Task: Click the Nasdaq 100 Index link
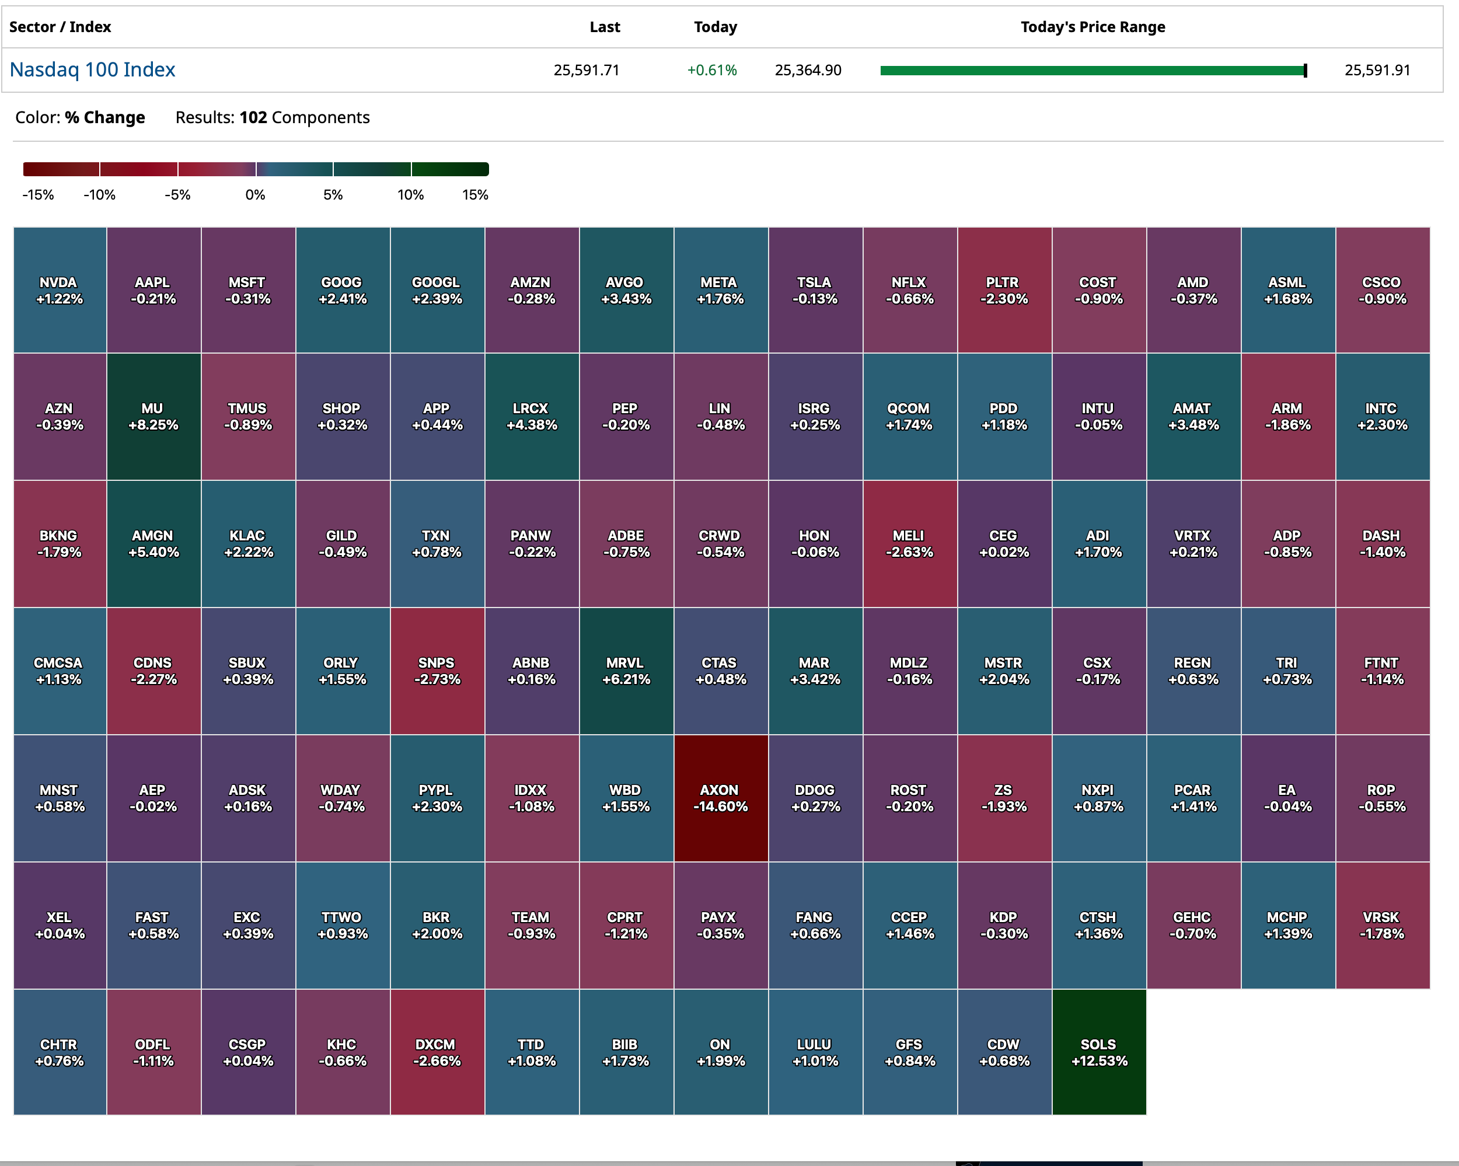click(92, 69)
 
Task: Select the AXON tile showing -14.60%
click(721, 798)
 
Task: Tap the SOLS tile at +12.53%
click(1099, 1052)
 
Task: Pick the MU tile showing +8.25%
click(153, 416)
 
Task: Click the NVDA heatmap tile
click(60, 290)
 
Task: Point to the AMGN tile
click(153, 543)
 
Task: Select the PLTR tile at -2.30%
click(1004, 290)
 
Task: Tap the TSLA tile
click(815, 290)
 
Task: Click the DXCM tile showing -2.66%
click(437, 1052)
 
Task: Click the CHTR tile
click(60, 1052)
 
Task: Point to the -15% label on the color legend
click(38, 195)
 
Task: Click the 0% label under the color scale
click(255, 195)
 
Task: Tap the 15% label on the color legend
click(475, 195)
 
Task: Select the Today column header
click(715, 27)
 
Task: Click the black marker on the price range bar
click(1306, 71)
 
